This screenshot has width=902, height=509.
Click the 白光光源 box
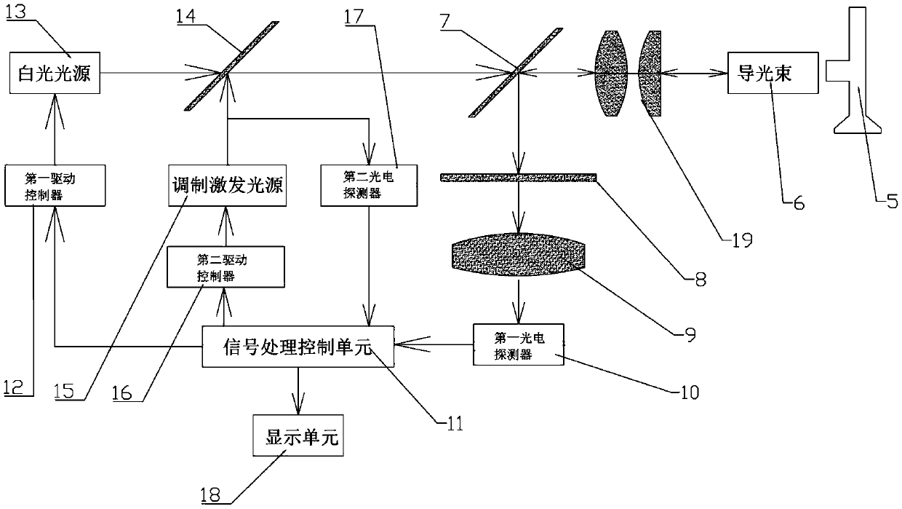[55, 72]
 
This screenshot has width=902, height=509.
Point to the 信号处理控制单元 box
[297, 346]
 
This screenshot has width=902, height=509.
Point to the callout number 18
[213, 497]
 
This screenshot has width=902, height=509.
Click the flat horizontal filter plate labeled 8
[518, 178]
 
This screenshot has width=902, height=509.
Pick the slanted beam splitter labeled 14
[225, 66]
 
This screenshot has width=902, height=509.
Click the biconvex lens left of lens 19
[611, 72]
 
